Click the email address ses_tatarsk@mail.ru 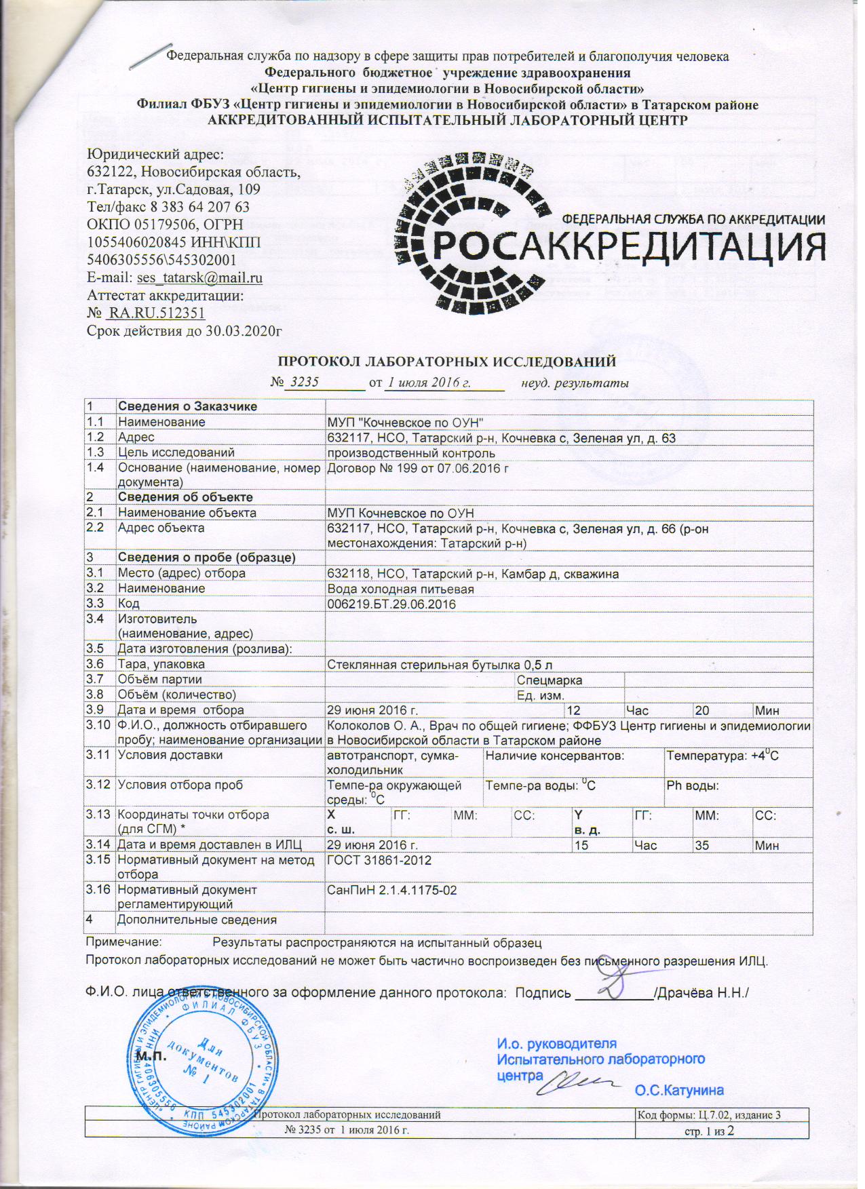(x=199, y=277)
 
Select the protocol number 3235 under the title (x=303, y=382)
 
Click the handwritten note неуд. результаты (x=575, y=383)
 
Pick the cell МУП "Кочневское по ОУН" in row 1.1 (x=405, y=422)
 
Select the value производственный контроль (x=411, y=452)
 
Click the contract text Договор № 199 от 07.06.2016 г (x=418, y=468)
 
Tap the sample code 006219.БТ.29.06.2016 (x=391, y=604)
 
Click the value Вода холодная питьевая (x=400, y=588)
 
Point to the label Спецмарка (x=550, y=680)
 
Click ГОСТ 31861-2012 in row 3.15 (x=379, y=860)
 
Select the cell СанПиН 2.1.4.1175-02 (x=392, y=890)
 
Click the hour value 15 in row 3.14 (x=581, y=845)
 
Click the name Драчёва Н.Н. (x=702, y=993)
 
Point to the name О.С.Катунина (x=679, y=1091)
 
